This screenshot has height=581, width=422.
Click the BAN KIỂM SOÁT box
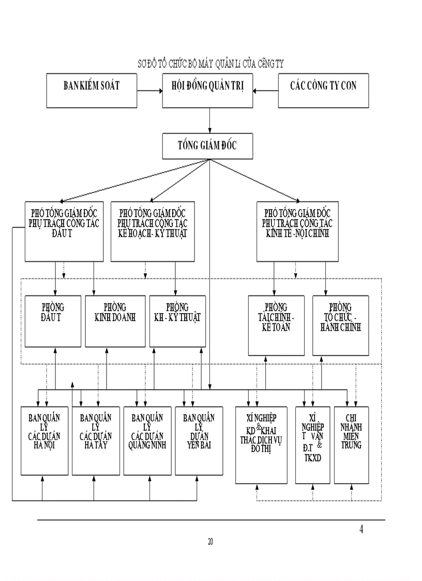[x=92, y=91]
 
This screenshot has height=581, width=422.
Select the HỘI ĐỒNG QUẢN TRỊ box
[x=208, y=91]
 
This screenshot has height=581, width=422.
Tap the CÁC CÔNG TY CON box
[x=323, y=91]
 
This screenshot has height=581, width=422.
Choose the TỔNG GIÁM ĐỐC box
[x=208, y=145]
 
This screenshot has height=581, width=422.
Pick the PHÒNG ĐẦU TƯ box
[x=53, y=321]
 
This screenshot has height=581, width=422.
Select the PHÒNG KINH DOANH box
[x=115, y=321]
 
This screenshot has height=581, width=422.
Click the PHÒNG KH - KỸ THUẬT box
[x=177, y=321]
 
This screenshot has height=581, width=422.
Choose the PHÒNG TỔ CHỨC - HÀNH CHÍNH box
[x=340, y=325]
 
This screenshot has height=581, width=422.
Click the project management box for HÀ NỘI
[x=44, y=440]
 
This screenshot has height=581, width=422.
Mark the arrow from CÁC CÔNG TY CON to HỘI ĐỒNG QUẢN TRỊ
[x=265, y=91]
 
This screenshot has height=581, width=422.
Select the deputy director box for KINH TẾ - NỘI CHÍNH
[x=297, y=231]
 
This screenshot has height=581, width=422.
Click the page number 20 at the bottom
[x=210, y=542]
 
